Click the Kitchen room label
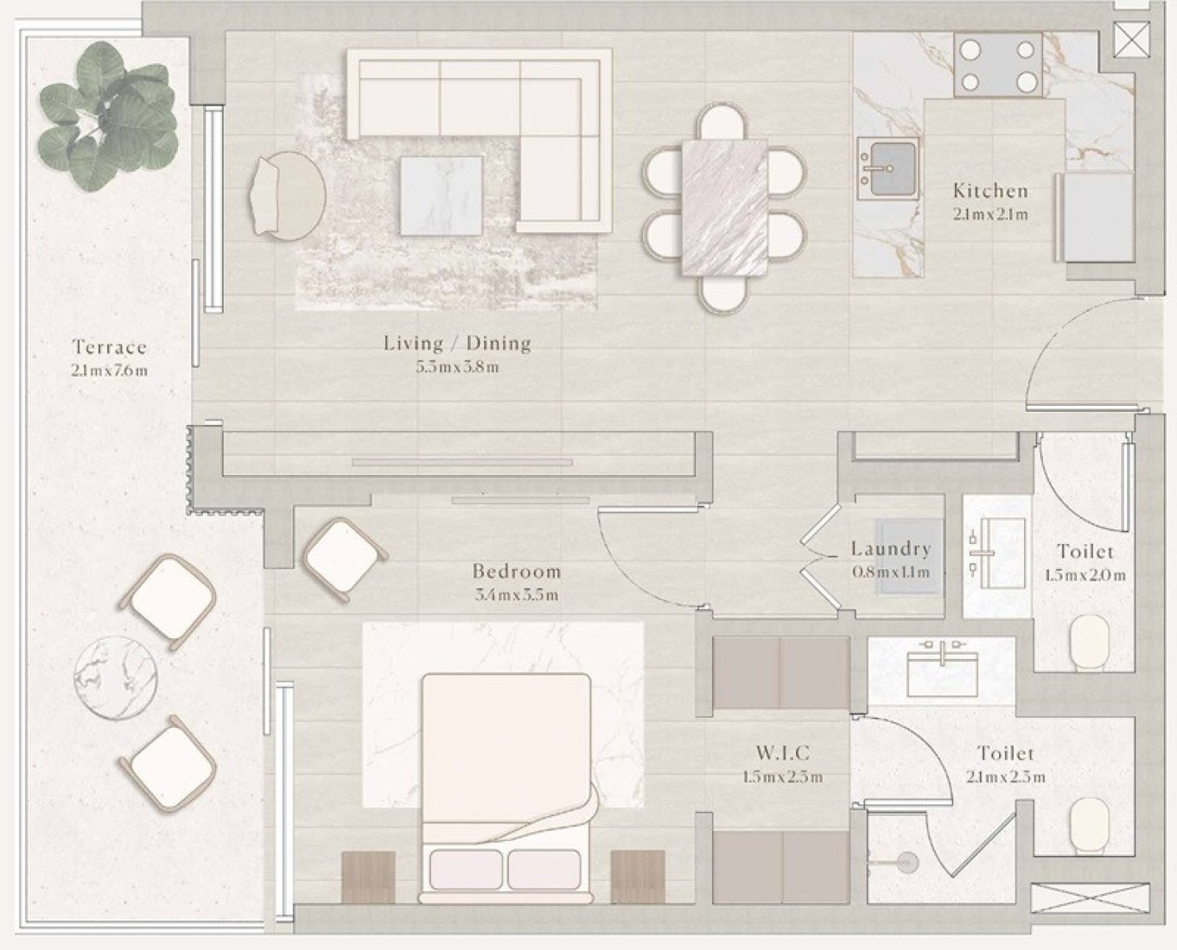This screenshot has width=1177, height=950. pyautogui.click(x=990, y=191)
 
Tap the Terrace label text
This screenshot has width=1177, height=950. pyautogui.click(x=110, y=347)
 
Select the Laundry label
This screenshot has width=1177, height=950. pyautogui.click(x=891, y=548)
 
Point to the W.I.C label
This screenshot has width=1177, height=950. pyautogui.click(x=782, y=752)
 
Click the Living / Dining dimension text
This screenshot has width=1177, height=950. pyautogui.click(x=457, y=367)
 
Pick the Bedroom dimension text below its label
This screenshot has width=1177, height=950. pyautogui.click(x=516, y=595)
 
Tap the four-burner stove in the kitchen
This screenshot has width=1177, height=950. pyautogui.click(x=998, y=66)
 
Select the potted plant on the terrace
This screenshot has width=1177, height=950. pyautogui.click(x=108, y=116)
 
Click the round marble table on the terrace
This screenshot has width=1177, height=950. pyautogui.click(x=116, y=678)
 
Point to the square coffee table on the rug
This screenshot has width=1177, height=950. pyautogui.click(x=442, y=196)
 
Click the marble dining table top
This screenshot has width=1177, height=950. pyautogui.click(x=724, y=207)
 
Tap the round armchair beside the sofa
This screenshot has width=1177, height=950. pyautogui.click(x=288, y=195)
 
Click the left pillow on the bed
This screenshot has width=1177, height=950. pyautogui.click(x=466, y=870)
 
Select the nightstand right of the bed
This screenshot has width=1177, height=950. pyautogui.click(x=638, y=877)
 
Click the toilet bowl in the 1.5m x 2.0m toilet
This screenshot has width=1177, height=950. pyautogui.click(x=1089, y=643)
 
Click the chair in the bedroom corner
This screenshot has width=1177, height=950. pyautogui.click(x=344, y=559)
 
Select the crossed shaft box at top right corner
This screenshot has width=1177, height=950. pyautogui.click(x=1131, y=40)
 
